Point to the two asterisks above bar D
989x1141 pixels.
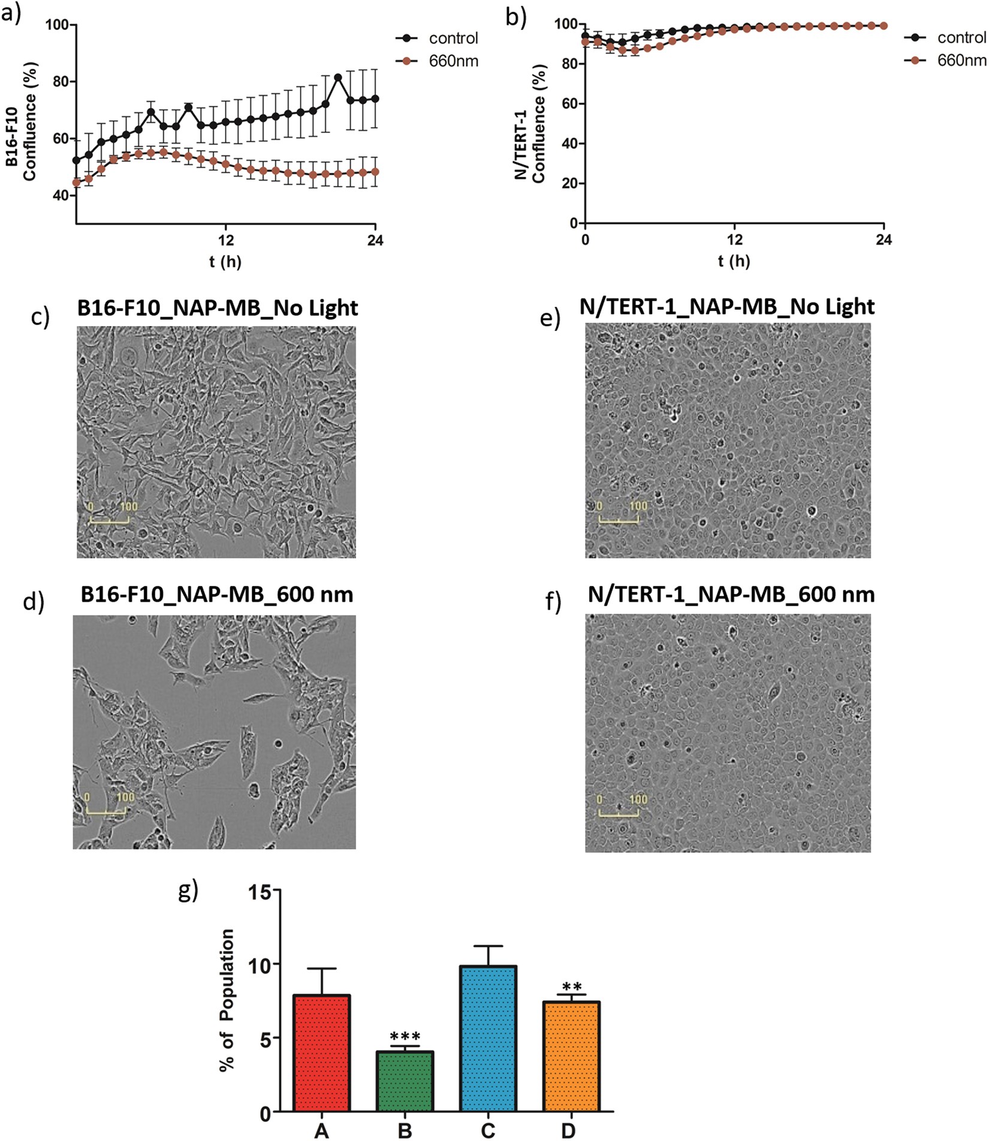tap(572, 987)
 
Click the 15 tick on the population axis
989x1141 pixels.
tap(261, 891)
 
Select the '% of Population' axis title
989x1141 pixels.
tap(227, 1000)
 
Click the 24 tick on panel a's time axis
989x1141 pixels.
tap(375, 240)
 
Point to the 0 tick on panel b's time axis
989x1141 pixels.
tap(586, 240)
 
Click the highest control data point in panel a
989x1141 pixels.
tap(338, 77)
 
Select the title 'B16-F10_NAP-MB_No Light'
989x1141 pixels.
tap(217, 307)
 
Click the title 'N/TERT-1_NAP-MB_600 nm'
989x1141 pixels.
tap(731, 594)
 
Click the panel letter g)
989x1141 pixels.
tap(188, 891)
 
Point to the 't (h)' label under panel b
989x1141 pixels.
tap(734, 261)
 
